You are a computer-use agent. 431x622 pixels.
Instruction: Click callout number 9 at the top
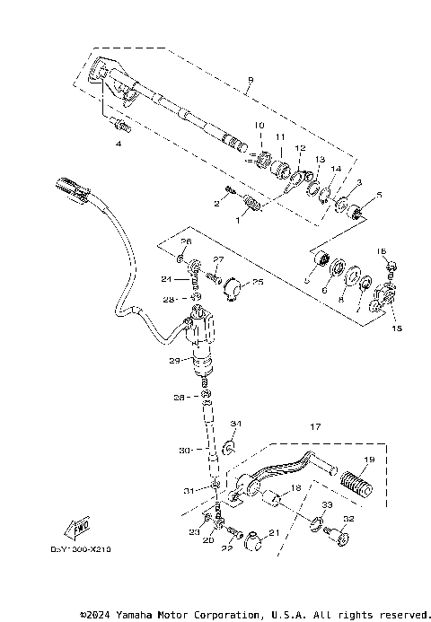(250, 80)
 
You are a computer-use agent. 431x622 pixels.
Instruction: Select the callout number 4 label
(117, 143)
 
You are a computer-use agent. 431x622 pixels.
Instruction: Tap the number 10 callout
(259, 124)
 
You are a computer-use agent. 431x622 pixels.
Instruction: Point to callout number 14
(336, 168)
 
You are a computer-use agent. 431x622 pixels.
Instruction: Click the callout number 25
(258, 282)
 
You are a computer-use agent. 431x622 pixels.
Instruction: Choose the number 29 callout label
(173, 362)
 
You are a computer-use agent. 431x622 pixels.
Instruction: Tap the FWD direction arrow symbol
(80, 524)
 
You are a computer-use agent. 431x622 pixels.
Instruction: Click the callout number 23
(192, 533)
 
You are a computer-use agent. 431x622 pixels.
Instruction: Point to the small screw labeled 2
(229, 192)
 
